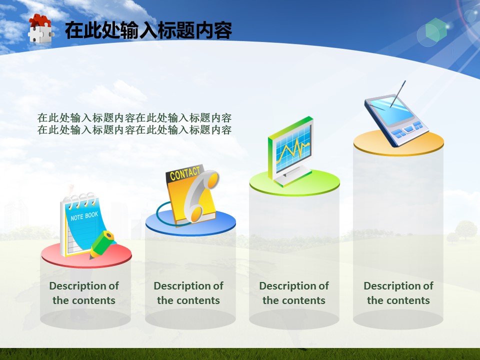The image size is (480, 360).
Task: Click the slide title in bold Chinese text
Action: pos(148,30)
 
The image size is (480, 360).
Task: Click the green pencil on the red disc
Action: pos(102,244)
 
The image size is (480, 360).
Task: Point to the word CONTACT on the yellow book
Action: pos(185,173)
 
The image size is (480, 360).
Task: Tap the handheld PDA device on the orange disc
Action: pos(396,121)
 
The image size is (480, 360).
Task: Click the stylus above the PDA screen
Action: pos(398,94)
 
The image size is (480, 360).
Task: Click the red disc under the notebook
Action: pos(86,255)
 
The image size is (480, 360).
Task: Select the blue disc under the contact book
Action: pos(190,223)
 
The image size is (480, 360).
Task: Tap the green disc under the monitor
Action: pos(294,183)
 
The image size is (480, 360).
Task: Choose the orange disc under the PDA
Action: pos(398,143)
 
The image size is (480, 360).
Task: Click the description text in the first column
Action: pos(84,293)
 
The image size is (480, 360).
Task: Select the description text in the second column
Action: pos(188,293)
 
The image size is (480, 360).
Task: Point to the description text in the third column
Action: pos(294,293)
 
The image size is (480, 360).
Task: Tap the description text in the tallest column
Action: pos(398,293)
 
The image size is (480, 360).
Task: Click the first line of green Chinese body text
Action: pos(134,117)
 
